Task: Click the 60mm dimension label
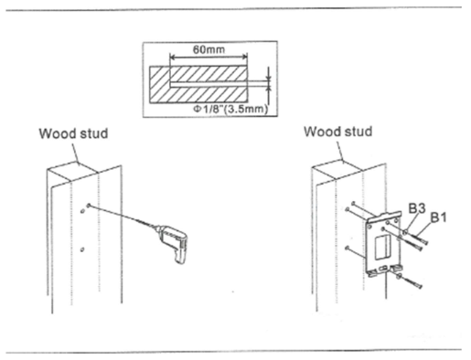point(209,49)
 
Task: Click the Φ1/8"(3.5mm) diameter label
point(230,109)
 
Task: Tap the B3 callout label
point(417,208)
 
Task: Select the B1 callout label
point(439,217)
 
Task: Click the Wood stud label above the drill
point(73,133)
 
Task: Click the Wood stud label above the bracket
point(338,132)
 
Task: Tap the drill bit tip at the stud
point(89,206)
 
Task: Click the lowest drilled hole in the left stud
point(81,249)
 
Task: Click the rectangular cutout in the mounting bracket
point(382,248)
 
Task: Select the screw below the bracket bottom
point(410,281)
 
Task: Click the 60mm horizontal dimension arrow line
point(209,57)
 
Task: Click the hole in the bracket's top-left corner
point(369,227)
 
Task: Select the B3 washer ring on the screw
point(405,232)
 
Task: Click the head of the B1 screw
point(425,242)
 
